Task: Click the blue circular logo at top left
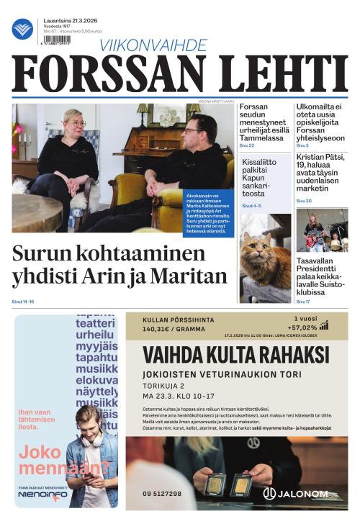22,29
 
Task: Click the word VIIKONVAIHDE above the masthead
153,45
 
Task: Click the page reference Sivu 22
247,145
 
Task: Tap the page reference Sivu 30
303,201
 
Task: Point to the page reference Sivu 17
303,302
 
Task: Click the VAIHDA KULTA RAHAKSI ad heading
235,355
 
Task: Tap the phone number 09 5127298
162,494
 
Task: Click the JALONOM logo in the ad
296,494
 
